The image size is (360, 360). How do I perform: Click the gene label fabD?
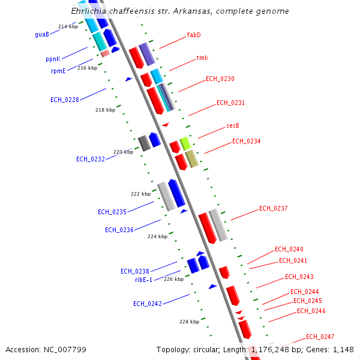(x=194, y=35)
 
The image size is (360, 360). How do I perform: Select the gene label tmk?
(x=202, y=58)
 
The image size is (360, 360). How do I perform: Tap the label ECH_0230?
(x=220, y=79)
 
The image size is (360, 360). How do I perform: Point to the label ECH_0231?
(x=230, y=103)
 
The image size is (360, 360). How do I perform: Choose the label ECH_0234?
(x=246, y=141)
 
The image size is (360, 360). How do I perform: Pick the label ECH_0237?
(x=274, y=208)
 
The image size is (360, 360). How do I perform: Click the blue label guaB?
(x=42, y=35)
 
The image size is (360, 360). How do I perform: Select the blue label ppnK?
(x=53, y=59)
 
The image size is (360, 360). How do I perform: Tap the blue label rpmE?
(x=58, y=71)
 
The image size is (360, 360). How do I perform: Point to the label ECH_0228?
(x=65, y=100)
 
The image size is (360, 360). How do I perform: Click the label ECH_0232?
(x=91, y=159)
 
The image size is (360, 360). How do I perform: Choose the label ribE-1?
(x=143, y=280)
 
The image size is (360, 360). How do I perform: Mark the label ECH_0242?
(x=148, y=304)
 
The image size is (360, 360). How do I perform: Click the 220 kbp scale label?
(x=123, y=152)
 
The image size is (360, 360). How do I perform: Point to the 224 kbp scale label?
(x=157, y=236)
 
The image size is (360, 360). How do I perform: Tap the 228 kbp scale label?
(x=188, y=322)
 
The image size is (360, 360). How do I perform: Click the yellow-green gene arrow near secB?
(x=185, y=143)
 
